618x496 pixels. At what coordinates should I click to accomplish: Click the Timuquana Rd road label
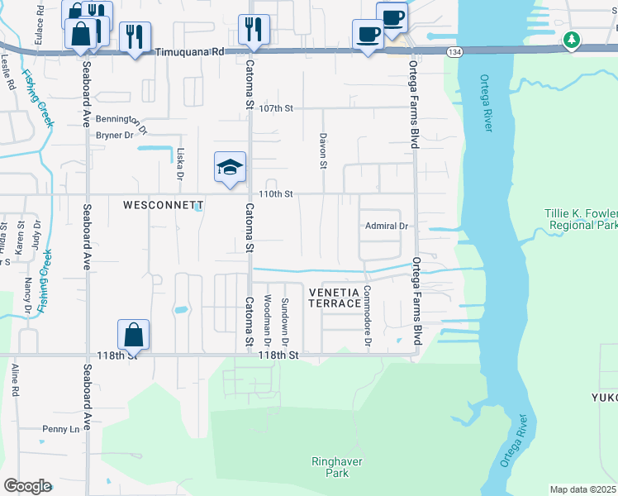click(189, 51)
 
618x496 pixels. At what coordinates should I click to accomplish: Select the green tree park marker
click(571, 40)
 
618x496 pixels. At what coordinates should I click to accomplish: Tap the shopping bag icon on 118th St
click(133, 335)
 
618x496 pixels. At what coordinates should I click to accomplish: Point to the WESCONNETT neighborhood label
click(164, 203)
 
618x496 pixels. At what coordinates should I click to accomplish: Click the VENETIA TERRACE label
click(335, 298)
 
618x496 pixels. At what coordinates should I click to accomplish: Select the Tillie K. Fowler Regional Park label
click(581, 219)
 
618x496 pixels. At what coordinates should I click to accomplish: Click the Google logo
click(27, 486)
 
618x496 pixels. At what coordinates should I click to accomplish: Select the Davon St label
click(323, 149)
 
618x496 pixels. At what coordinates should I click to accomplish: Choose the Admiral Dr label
click(387, 226)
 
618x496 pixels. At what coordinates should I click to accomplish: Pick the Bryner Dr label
click(115, 135)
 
